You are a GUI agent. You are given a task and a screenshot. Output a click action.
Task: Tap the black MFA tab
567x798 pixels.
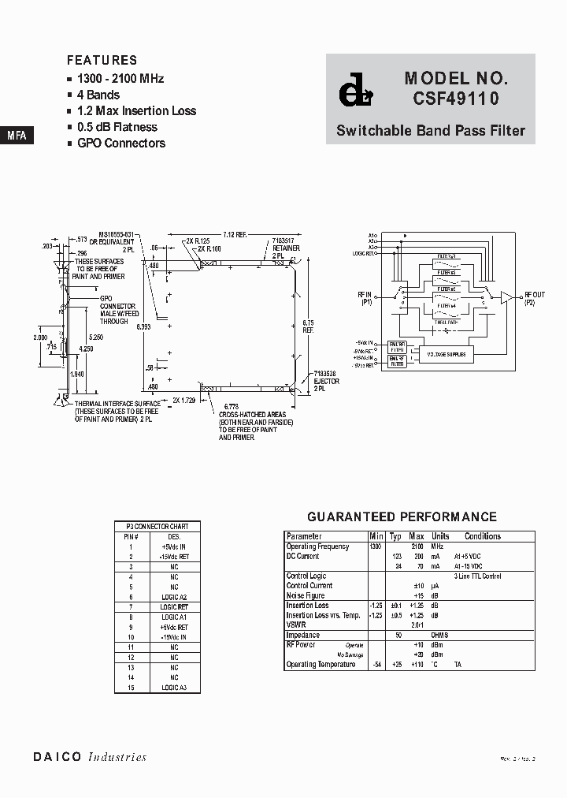(17, 136)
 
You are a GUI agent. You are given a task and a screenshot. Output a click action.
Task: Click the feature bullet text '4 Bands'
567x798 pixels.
(98, 95)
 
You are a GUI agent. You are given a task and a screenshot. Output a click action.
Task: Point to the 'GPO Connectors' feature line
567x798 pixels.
(120, 143)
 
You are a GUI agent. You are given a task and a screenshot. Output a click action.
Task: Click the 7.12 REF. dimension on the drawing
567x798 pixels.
(235, 234)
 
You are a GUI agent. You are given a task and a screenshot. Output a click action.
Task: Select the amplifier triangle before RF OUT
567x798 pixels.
(507, 296)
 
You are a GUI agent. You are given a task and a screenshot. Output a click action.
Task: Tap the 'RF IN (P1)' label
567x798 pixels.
(365, 298)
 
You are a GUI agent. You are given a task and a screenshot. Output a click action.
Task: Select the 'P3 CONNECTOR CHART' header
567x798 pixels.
(157, 526)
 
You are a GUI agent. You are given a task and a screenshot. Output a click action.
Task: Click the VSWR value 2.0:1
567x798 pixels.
(417, 625)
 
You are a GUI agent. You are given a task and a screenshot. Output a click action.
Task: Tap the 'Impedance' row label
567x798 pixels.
(303, 635)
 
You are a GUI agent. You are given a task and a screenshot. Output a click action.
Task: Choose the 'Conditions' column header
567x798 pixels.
(482, 536)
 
